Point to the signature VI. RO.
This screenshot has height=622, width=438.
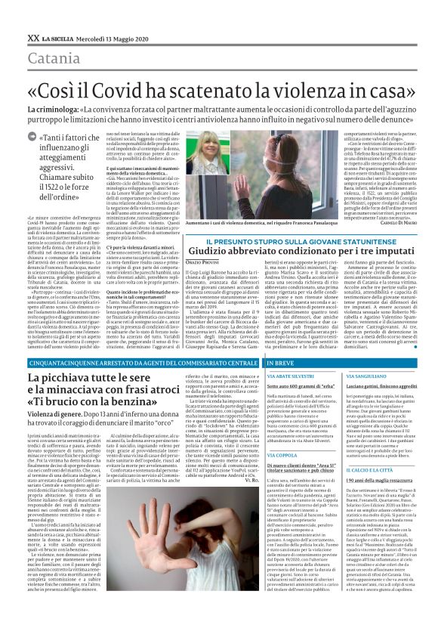[253, 502]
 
